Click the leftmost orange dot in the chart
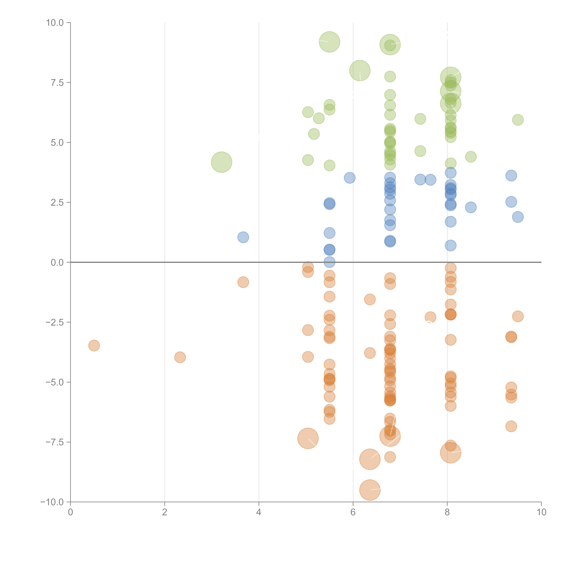pyautogui.click(x=94, y=346)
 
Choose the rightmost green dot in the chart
pyautogui.click(x=518, y=120)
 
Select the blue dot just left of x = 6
pyautogui.click(x=349, y=178)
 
